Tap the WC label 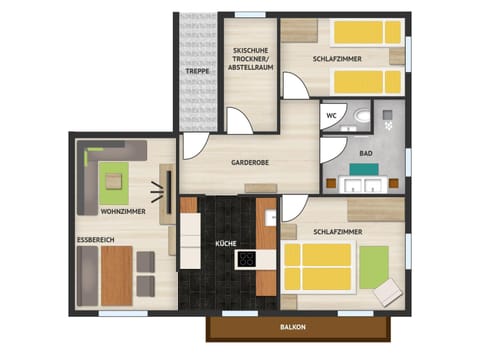point(330,115)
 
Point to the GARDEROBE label point(251,162)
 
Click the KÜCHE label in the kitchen point(226,243)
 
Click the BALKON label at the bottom point(294,327)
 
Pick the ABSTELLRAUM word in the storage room point(254,68)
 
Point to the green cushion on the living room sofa point(112,181)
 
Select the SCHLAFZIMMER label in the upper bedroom point(337,59)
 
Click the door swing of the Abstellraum point(239,121)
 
